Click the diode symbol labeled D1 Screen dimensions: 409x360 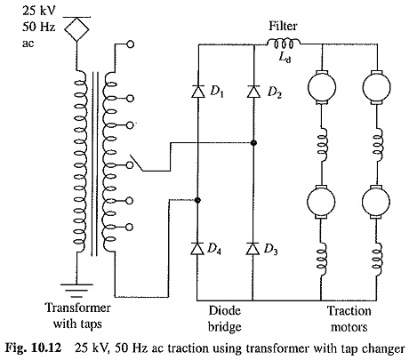[198, 91]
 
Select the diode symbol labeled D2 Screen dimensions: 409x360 [253, 91]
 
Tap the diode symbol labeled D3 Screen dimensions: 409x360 [253, 248]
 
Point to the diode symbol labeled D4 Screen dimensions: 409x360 [197, 248]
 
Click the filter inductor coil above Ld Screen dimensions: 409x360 [284, 43]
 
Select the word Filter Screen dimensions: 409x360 [283, 26]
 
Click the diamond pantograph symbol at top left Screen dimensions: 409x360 [76, 28]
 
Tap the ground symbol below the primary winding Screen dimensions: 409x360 [76, 290]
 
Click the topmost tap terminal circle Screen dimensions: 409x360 [130, 44]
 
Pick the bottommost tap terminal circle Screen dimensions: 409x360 [130, 228]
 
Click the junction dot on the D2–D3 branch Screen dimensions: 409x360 [253, 143]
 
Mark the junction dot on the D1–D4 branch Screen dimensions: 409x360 [197, 200]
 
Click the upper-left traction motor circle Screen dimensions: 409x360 [322, 87]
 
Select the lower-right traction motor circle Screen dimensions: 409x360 [376, 202]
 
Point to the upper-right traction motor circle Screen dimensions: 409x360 [376, 87]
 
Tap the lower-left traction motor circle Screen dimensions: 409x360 [321, 202]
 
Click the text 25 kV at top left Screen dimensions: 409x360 [38, 11]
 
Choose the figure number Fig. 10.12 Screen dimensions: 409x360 [34, 348]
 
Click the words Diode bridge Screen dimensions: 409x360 [225, 319]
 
